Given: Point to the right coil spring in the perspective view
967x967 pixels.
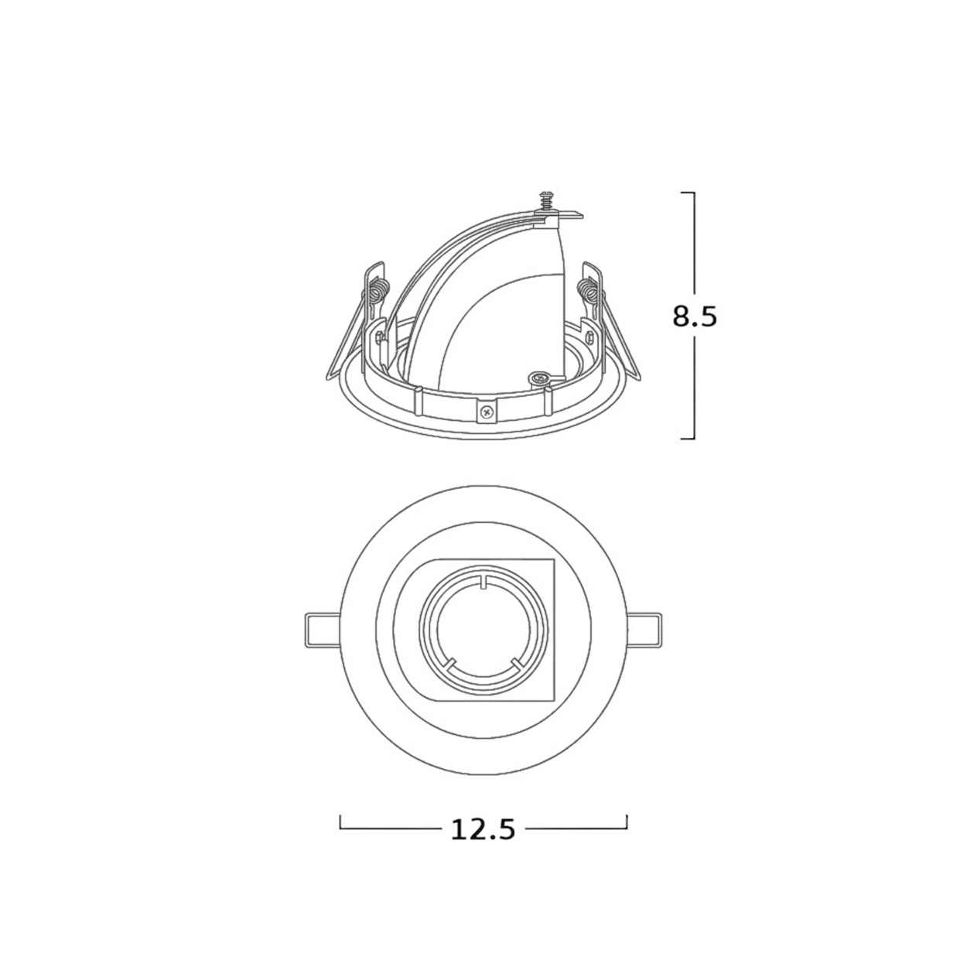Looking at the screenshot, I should click(587, 290).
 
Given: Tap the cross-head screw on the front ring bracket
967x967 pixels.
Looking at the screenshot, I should click(486, 412).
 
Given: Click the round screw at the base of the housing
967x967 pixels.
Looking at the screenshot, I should click(538, 378).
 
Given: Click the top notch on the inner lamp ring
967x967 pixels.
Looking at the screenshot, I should click(483, 583).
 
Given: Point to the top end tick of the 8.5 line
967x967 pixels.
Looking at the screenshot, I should click(687, 193).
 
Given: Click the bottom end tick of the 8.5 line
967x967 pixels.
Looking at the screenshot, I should click(687, 439).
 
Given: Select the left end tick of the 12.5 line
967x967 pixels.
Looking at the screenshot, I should click(340, 822).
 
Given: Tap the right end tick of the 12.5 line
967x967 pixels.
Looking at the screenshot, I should click(627, 822).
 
